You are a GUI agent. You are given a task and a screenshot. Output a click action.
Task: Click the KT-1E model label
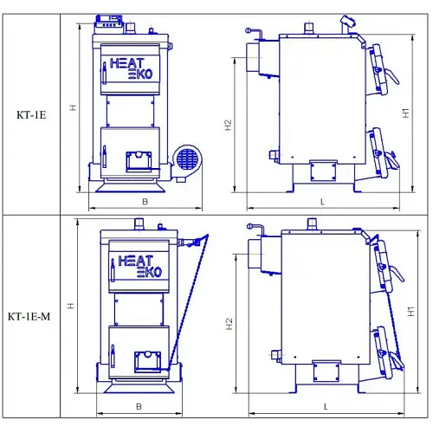pyautogui.click(x=31, y=115)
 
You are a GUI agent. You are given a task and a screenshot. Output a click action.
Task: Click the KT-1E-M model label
pyautogui.click(x=29, y=316)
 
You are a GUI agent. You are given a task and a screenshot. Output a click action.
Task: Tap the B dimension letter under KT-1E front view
pyautogui.click(x=145, y=202)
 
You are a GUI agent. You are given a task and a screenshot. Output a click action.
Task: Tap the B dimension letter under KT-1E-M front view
pyautogui.click(x=139, y=406)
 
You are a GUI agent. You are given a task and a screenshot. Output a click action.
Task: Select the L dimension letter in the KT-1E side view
pyautogui.click(x=322, y=202)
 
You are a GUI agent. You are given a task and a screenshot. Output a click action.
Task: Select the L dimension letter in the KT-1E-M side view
pyautogui.click(x=326, y=407)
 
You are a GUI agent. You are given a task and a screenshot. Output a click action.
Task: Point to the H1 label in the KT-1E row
pyautogui.click(x=405, y=113)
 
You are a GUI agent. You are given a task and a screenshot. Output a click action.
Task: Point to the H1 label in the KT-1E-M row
pyautogui.click(x=410, y=311)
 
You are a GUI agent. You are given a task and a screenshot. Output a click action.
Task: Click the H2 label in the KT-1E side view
pyautogui.click(x=228, y=125)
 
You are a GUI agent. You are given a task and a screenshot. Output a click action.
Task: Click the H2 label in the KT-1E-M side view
pyautogui.click(x=229, y=324)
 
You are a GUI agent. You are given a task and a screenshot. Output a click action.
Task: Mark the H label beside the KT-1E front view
pyautogui.click(x=73, y=107)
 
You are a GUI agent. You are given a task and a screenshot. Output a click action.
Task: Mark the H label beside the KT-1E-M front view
pyautogui.click(x=70, y=306)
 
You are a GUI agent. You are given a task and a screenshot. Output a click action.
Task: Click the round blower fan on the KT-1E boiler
pyautogui.click(x=187, y=159)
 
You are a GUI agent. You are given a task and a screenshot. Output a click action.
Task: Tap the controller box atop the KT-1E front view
pyautogui.click(x=109, y=23)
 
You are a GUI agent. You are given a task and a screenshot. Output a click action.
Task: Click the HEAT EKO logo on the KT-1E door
pyautogui.click(x=131, y=68)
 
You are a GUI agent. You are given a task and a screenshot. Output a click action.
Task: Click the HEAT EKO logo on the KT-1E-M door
pyautogui.click(x=140, y=266)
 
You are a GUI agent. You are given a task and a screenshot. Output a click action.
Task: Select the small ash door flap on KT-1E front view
pyautogui.click(x=139, y=161)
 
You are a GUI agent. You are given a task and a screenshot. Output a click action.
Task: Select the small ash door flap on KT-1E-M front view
pyautogui.click(x=147, y=361)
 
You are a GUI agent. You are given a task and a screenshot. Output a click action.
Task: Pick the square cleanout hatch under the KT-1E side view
pyautogui.click(x=323, y=171)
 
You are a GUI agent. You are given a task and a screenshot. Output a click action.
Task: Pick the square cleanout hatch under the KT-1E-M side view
pyautogui.click(x=326, y=372)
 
